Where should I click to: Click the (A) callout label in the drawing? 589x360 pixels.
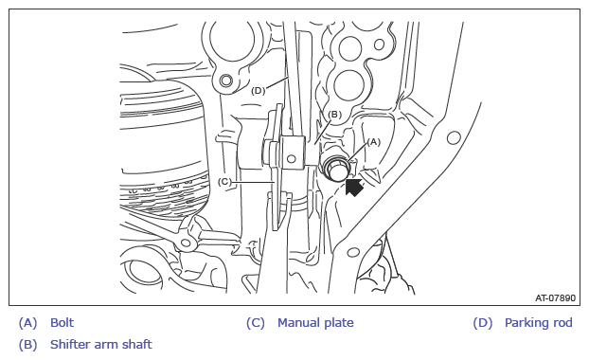point(373,142)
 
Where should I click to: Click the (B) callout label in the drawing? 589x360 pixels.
point(334,115)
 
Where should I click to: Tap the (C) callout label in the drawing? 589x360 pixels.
point(224,182)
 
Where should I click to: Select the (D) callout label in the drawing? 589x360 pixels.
point(259,91)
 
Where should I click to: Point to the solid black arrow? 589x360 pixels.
point(354,188)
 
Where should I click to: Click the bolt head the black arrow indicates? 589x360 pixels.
point(336,168)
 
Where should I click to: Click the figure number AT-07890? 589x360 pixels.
point(555,298)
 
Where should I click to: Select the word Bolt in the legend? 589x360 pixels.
point(62,323)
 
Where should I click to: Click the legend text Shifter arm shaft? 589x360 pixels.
point(101,344)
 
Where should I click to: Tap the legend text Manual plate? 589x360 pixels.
point(315,323)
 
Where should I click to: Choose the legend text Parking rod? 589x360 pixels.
point(538,323)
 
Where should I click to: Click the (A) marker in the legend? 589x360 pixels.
point(28,323)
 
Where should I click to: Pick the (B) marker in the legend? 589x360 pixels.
point(28,345)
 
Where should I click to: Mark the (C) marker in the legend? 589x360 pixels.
point(256,323)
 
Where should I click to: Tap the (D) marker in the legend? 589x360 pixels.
point(483,323)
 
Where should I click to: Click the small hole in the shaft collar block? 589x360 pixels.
point(291,158)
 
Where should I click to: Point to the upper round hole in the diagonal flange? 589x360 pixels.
point(454,138)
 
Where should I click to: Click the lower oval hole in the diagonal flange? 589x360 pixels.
point(352,252)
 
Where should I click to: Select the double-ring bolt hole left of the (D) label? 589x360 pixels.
point(226,80)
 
